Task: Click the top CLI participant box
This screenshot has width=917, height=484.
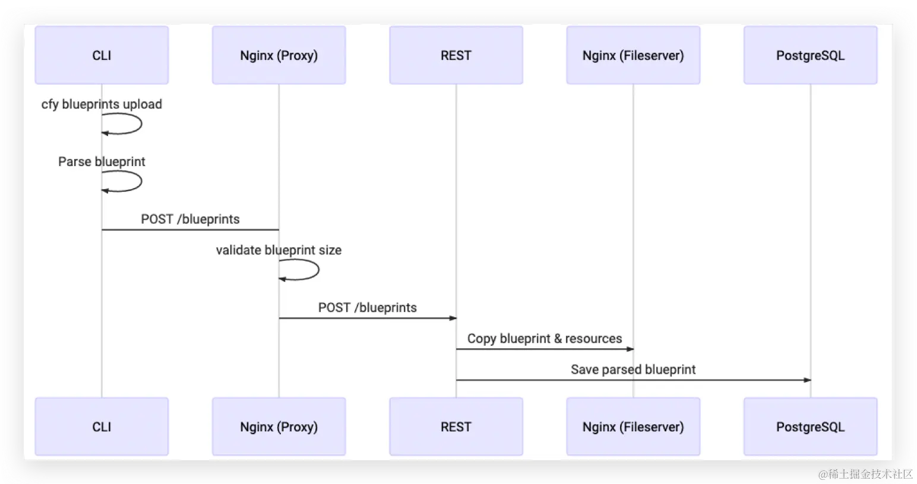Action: coord(102,55)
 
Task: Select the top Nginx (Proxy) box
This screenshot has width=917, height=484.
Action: coord(279,55)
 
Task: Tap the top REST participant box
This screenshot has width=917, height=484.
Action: coord(456,55)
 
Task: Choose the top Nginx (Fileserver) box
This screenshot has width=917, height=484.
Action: coord(633,55)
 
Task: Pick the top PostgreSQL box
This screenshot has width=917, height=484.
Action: coord(811,55)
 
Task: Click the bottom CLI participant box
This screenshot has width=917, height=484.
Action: coord(102,426)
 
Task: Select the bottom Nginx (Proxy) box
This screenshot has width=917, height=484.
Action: coord(279,426)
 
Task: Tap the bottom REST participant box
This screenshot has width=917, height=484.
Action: coord(456,426)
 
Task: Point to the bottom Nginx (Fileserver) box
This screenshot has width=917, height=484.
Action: coord(633,426)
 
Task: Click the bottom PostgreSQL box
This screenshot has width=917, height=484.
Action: coord(811,426)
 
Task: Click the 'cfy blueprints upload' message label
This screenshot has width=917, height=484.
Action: coord(102,104)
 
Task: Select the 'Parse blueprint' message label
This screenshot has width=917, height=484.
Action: coord(102,161)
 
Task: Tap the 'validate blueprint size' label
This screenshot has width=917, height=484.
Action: coord(279,250)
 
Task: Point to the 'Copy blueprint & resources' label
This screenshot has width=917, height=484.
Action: coord(545,339)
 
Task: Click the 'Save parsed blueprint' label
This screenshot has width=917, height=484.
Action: coord(633,370)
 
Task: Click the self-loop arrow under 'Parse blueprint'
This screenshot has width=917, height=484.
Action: coord(141,181)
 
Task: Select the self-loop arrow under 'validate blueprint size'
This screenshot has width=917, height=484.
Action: coord(318,270)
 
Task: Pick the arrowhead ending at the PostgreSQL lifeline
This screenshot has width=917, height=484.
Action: coord(807,380)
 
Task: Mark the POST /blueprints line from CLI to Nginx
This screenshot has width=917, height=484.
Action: coord(191,230)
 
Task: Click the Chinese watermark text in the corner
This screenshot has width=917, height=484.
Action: coord(865,474)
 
